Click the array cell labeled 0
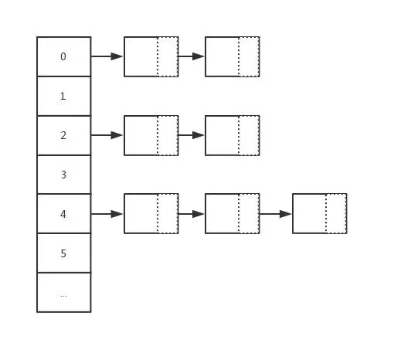tap(64, 56)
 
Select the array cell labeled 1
tap(64, 97)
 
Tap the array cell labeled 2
tap(64, 135)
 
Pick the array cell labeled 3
tap(64, 175)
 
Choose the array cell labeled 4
tap(64, 214)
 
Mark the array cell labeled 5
tap(64, 253)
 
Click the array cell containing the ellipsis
tap(64, 292)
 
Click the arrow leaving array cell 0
tap(107, 56)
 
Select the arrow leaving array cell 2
tap(107, 135)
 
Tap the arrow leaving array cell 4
tap(107, 214)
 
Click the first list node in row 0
tap(151, 56)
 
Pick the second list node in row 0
tap(233, 56)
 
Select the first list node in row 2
tap(151, 135)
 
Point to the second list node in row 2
tap(233, 135)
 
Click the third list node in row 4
tap(320, 214)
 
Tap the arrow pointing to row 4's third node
tap(276, 214)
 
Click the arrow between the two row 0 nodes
tap(192, 56)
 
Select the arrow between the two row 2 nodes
tap(192, 135)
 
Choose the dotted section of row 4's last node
tap(336, 214)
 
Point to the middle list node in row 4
tap(233, 214)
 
